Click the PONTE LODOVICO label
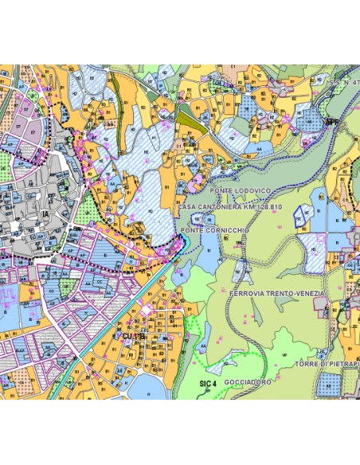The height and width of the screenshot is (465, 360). [x=241, y=192]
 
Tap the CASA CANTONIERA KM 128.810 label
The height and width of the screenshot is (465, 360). [x=230, y=207]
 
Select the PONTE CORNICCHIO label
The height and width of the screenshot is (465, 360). [x=215, y=230]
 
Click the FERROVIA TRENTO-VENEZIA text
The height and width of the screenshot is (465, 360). [x=276, y=294]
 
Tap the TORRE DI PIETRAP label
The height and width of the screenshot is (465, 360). [x=327, y=365]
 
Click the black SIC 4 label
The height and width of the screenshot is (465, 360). [x=206, y=384]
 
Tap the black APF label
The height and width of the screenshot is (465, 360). [x=332, y=122]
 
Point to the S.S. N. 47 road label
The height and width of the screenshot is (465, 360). [x=341, y=82]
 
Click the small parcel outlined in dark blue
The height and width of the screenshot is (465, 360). [x=301, y=217]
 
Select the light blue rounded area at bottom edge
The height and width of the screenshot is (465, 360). [x=145, y=387]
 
